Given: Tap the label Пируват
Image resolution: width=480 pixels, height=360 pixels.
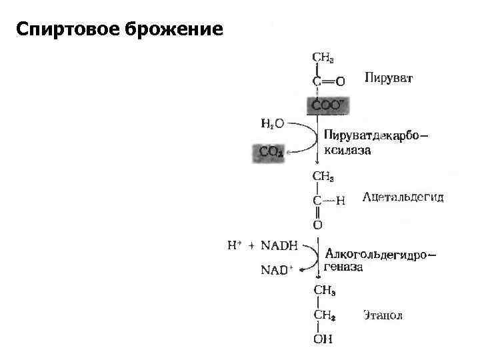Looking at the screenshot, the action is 389,79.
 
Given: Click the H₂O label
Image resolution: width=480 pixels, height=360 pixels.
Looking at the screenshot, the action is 271,123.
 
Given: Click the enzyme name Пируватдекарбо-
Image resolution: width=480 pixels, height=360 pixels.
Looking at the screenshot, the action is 376,135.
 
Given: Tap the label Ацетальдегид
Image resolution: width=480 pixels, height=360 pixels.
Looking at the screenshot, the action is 403,198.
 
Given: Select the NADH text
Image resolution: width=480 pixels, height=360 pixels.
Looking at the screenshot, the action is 279,245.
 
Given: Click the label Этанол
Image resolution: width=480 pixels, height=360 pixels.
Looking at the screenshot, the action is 383,314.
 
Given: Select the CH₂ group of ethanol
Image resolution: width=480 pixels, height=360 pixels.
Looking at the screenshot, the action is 324,315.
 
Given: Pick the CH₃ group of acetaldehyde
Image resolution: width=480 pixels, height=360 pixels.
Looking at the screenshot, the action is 323,177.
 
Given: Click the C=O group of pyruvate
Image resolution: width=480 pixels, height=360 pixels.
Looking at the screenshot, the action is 329,81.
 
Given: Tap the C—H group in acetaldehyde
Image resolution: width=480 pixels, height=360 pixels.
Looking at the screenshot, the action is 329,200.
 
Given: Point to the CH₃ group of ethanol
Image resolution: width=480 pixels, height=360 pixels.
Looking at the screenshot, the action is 324,289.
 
